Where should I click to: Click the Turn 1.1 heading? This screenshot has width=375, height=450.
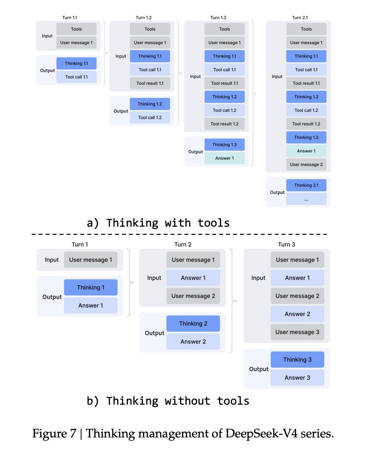click(x=69, y=18)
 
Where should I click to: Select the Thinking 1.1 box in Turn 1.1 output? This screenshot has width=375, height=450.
click(x=76, y=63)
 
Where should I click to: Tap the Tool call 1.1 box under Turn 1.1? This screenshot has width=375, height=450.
click(x=76, y=77)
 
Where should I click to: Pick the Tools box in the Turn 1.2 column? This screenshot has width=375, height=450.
click(x=150, y=29)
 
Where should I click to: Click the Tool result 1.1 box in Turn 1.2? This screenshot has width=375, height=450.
click(x=150, y=83)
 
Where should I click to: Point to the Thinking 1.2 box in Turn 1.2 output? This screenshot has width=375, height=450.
click(x=149, y=104)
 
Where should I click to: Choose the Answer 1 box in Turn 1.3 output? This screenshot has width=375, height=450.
click(x=224, y=158)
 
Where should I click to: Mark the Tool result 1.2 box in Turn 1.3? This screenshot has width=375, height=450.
click(x=224, y=124)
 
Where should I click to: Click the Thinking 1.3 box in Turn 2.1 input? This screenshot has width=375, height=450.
click(x=306, y=137)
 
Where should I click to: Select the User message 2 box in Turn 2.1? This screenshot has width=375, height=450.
click(x=306, y=165)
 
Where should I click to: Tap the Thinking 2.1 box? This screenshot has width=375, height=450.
click(x=306, y=185)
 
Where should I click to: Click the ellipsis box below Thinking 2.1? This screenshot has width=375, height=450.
click(x=306, y=199)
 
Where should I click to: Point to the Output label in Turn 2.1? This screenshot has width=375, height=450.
click(x=277, y=192)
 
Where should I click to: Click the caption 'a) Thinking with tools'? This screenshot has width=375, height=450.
click(x=158, y=222)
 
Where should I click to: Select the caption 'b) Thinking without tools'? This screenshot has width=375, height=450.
click(x=168, y=401)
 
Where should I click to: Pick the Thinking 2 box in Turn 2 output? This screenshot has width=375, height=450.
click(x=193, y=324)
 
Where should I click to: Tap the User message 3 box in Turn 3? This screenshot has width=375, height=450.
click(x=297, y=332)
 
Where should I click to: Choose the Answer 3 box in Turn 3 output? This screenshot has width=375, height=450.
click(x=297, y=378)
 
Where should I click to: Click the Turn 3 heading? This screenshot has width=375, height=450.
click(x=286, y=244)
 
